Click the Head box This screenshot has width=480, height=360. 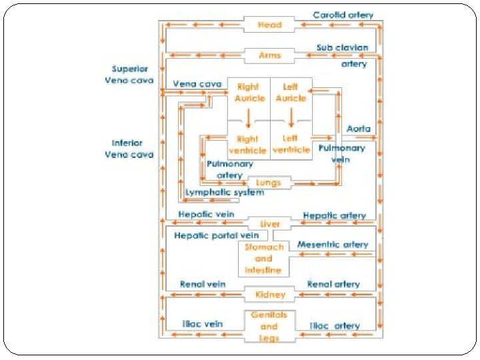click(x=270, y=25)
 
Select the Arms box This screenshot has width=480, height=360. click(x=270, y=55)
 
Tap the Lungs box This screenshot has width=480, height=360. click(x=269, y=182)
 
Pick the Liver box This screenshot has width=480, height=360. click(x=270, y=224)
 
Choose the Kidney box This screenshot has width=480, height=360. click(x=270, y=294)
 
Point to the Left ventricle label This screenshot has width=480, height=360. click(x=291, y=144)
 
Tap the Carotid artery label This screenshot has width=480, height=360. click(x=343, y=15)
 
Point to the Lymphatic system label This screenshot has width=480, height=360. click(x=224, y=192)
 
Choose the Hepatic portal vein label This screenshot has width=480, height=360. click(x=217, y=236)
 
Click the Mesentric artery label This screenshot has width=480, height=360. click(x=333, y=245)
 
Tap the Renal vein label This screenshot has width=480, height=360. click(x=203, y=284)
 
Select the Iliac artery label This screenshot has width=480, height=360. click(x=335, y=326)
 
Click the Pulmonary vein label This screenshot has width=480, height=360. click(x=341, y=153)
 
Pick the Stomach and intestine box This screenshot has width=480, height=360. click(x=263, y=258)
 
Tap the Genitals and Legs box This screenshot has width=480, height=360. click(x=269, y=326)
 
